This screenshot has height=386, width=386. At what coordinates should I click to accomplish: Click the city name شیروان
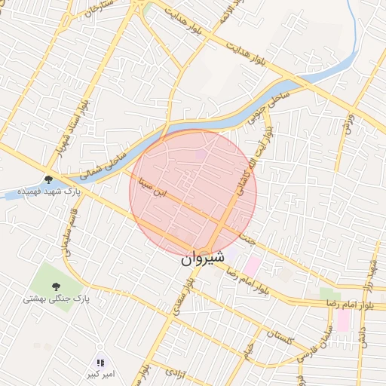point(203,258)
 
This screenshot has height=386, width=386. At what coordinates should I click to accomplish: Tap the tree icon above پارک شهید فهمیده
point(49,179)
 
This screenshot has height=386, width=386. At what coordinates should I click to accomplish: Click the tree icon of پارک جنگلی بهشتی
point(56,286)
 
